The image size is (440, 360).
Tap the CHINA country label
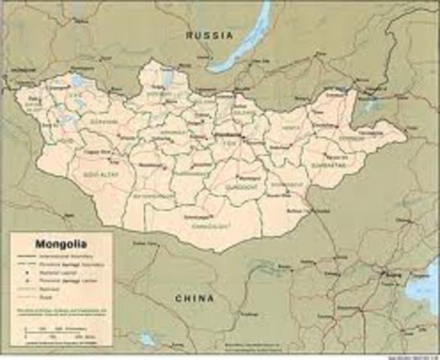coord(194,298)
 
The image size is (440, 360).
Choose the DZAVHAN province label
coord(103,121)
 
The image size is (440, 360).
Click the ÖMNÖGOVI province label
coord(201,223)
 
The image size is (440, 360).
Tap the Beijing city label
coord(390,276)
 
